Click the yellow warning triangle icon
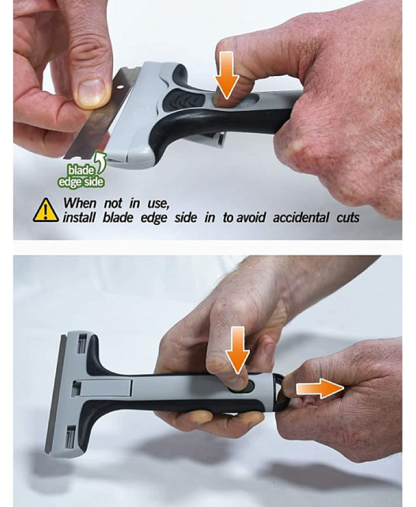pos(46,211)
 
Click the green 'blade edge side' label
pos(80,176)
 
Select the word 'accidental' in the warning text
pos(301,217)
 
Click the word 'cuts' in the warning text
pos(347,217)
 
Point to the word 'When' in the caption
pos(79,203)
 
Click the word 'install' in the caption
pos(79,217)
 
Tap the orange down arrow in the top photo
pos(227,75)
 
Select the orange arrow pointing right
pos(320,389)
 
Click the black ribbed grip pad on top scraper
pos(183,100)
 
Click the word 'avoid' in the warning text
pos(251,217)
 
